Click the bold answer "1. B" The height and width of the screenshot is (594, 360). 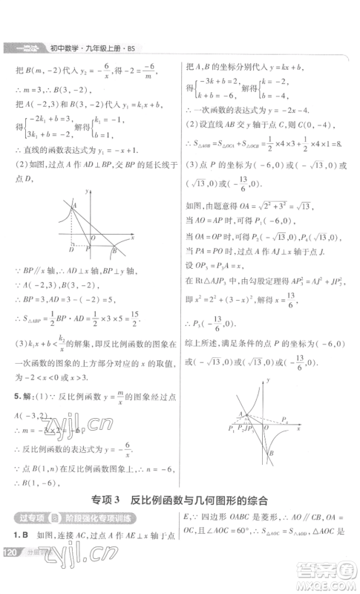click(17, 535)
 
